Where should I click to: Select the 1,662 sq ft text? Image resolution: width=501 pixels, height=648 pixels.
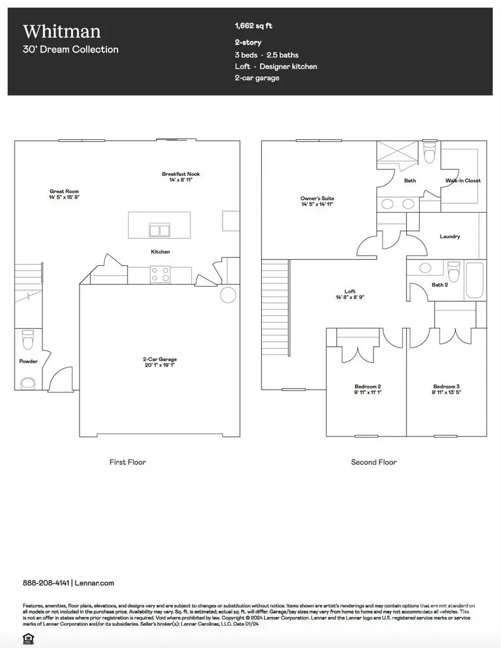coord(254,26)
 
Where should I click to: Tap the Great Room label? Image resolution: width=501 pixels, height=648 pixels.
coord(60,192)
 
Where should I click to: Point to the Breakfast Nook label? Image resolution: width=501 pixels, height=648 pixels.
coord(180,174)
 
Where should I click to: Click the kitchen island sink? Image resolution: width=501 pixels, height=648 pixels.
coord(159,230)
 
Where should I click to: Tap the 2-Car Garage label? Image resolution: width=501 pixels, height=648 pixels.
coord(160,360)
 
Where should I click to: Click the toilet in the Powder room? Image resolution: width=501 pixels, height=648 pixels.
coord(27,338)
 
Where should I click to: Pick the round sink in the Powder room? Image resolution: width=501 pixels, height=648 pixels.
coord(27,383)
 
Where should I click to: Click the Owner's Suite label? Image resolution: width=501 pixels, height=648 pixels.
coord(317,199)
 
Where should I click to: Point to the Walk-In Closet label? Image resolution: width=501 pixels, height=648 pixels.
coord(463,180)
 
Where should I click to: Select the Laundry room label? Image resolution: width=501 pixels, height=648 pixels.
coord(450,237)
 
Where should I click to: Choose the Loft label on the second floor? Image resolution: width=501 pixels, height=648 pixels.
coord(350,292)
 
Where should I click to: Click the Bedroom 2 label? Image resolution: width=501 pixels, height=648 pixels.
coord(367,386)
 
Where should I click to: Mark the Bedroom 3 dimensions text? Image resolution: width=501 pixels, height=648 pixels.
coord(447,392)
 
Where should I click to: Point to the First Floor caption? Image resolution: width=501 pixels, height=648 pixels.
coord(127,462)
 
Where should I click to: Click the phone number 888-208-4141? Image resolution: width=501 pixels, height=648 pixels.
coord(46,583)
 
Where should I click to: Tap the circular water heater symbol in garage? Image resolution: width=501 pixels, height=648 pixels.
coord(228,294)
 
